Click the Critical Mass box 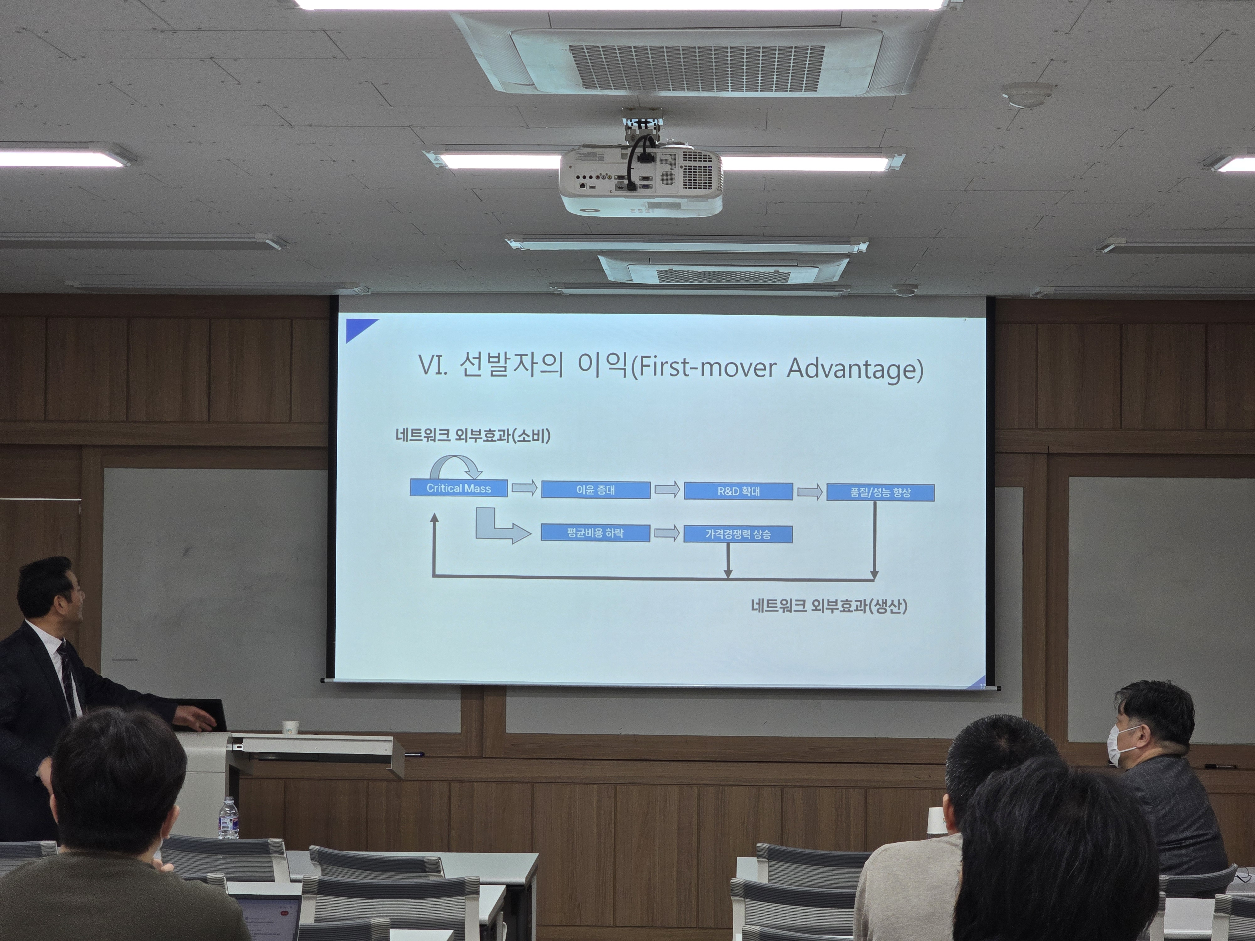(x=458, y=488)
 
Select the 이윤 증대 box (x=596, y=490)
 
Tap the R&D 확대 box (x=738, y=491)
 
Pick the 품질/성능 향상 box (x=880, y=492)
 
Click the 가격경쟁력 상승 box (x=738, y=534)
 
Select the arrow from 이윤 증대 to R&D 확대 (x=667, y=490)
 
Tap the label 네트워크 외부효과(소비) (x=473, y=436)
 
